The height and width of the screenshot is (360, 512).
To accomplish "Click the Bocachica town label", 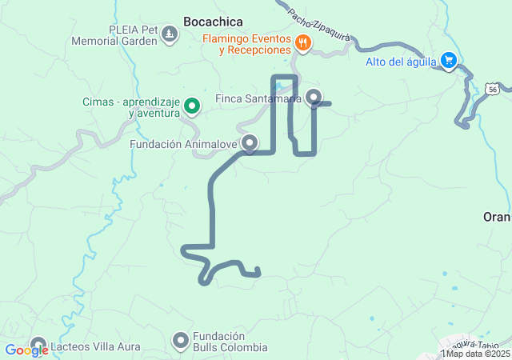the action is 213,22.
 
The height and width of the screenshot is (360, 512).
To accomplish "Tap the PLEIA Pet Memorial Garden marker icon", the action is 170,34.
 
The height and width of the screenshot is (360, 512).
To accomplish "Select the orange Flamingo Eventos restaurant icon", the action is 302,44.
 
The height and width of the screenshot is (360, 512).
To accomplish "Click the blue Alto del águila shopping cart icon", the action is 449,61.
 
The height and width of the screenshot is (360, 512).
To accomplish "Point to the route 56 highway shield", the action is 490,90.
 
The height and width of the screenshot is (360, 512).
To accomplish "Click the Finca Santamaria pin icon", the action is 314,98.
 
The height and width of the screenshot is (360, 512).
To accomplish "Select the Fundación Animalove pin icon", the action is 250,144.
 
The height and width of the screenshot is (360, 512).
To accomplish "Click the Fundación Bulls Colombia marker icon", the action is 181,342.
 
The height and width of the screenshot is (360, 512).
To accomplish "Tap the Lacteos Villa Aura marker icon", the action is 38,346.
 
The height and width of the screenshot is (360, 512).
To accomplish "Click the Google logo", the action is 26,350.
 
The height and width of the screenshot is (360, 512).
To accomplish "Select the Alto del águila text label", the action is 400,62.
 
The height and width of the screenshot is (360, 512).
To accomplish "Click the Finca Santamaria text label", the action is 258,99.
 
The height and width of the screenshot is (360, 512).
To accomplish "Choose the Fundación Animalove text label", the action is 184,145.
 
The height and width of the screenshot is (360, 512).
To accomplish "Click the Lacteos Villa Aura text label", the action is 95,347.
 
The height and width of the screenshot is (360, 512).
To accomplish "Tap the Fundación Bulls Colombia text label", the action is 229,342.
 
